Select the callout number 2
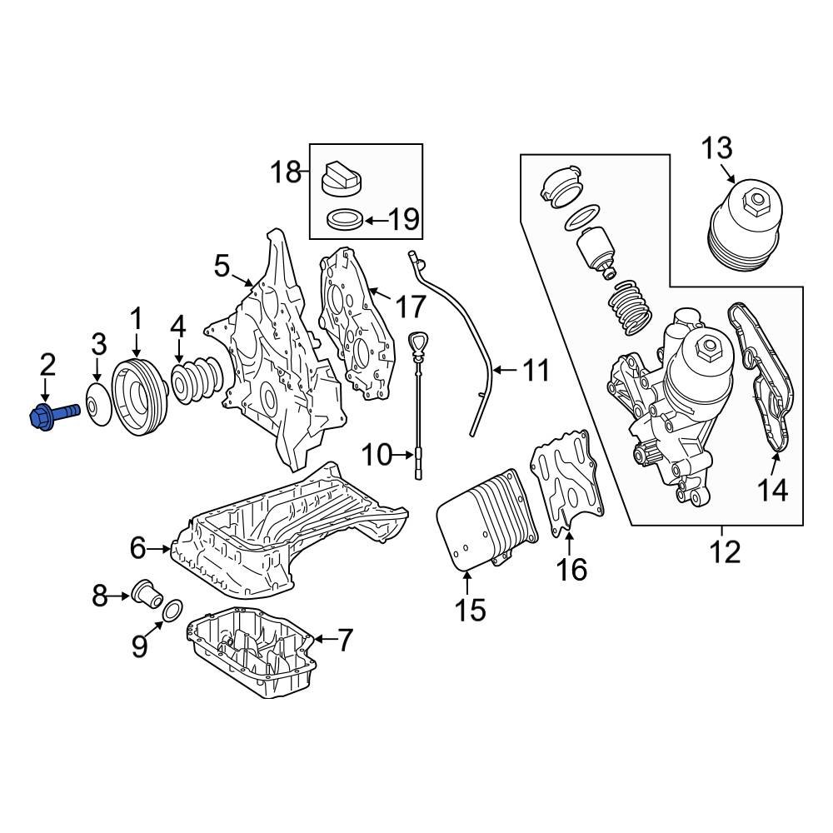(47, 364)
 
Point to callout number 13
(716, 150)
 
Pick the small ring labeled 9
(170, 611)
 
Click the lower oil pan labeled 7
(254, 654)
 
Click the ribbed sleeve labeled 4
(197, 382)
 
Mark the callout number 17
(410, 307)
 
